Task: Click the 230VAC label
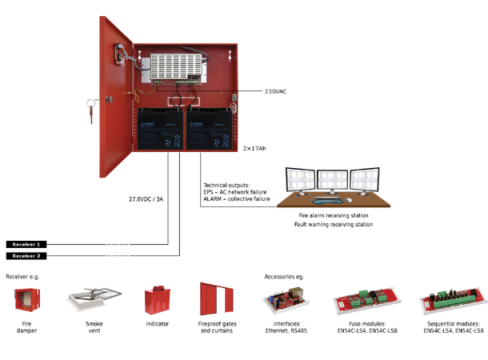275,91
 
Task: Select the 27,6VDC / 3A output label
146,199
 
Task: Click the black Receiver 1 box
27,244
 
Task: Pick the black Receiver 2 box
27,256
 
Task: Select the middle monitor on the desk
331,180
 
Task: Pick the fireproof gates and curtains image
215,300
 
